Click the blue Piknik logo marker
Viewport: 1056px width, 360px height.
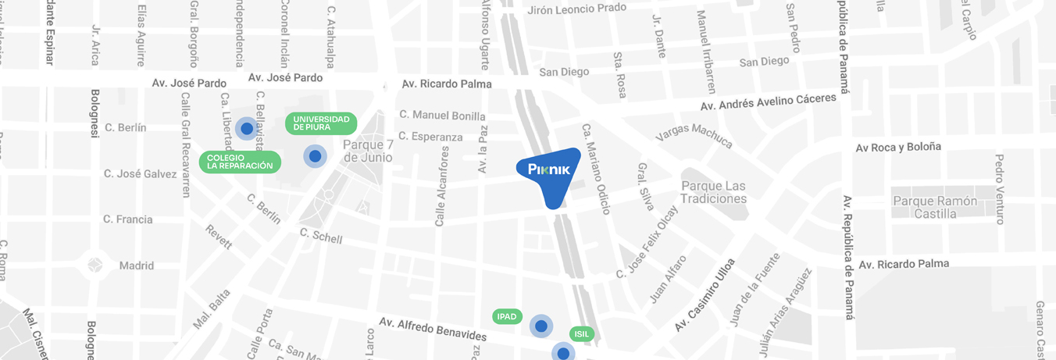[549, 173]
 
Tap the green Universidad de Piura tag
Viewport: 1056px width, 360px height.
[321, 123]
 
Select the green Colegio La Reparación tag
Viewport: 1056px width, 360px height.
[240, 162]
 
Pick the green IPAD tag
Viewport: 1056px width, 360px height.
[507, 316]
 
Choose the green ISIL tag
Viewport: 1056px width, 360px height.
[581, 333]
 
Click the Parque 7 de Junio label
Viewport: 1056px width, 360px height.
[367, 151]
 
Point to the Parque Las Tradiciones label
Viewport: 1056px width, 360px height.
[713, 192]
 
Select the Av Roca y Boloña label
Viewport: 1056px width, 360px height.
[898, 147]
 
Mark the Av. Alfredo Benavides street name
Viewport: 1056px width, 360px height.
[433, 329]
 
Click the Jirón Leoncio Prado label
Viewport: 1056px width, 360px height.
[577, 9]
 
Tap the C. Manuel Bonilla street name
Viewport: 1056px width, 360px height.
[442, 115]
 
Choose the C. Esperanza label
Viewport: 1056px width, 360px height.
[430, 137]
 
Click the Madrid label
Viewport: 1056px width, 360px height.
[136, 266]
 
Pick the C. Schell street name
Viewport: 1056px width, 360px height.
[321, 236]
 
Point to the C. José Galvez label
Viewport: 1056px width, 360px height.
[140, 173]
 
